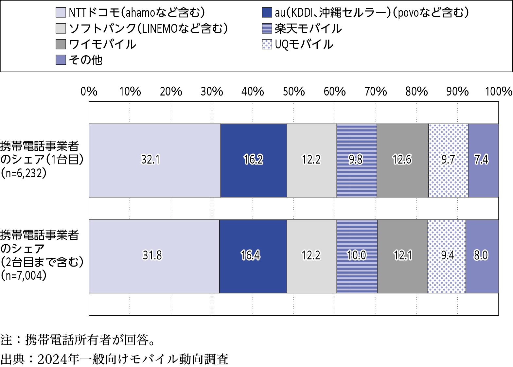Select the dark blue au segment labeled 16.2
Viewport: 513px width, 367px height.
254,160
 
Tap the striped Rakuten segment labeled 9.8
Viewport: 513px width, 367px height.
357,160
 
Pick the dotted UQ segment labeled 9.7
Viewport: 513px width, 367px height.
448,160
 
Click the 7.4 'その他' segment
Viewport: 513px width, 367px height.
483,160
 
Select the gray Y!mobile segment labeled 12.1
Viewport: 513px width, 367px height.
402,256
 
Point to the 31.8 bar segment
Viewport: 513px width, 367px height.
154,256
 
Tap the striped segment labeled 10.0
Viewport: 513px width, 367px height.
357,256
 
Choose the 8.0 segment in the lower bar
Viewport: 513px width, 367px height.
482,256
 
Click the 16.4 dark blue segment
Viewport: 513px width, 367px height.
253,256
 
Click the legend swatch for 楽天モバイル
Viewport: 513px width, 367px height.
267,28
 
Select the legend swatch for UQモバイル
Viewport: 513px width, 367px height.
267,44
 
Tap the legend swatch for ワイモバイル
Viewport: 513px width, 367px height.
61,44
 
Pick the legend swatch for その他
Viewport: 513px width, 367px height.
61,60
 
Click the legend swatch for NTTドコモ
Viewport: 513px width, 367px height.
61,13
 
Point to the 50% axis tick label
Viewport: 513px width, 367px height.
293,92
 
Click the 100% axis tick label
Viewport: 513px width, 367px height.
499,92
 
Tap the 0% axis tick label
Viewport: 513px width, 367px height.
89,92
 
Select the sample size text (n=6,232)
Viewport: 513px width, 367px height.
24,173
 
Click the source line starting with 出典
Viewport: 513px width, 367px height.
115,359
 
